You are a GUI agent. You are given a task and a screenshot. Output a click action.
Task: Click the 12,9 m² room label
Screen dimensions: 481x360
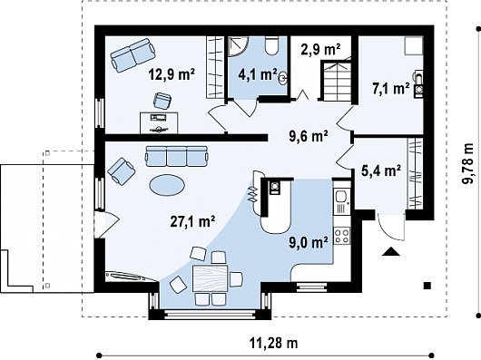[172, 73]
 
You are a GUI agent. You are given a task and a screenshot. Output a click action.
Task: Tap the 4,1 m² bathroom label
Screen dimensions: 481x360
[258, 74]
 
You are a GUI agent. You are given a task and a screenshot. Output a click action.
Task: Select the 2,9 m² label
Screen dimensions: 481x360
[320, 49]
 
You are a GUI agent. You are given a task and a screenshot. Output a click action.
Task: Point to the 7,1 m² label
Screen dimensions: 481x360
[391, 89]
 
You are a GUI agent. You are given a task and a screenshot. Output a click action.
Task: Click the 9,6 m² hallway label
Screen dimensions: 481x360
[309, 136]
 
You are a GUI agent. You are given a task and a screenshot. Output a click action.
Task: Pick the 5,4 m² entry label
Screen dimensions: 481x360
[381, 170]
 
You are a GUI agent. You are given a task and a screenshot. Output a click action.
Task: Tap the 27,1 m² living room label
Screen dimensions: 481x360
[192, 221]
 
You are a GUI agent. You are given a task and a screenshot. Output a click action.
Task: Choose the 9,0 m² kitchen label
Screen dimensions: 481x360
[308, 242]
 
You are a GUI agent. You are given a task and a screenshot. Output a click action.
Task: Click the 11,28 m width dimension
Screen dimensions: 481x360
[273, 343]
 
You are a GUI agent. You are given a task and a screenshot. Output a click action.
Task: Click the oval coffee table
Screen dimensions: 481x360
[167, 185]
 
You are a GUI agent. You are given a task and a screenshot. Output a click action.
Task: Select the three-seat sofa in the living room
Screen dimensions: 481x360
[177, 156]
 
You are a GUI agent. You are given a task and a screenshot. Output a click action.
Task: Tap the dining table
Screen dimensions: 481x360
[211, 278]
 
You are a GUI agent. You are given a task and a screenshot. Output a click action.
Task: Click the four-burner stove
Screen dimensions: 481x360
[342, 235]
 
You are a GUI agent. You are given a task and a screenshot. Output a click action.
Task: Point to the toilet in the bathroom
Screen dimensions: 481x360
[271, 46]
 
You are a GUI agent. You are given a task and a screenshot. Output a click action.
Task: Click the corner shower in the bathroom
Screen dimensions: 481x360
[238, 46]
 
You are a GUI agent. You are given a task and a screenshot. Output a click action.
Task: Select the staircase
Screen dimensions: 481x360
[336, 81]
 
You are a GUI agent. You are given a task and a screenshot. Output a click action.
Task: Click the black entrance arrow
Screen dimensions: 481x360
[391, 251]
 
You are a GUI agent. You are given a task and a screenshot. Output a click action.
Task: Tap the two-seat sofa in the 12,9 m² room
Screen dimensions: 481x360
[133, 55]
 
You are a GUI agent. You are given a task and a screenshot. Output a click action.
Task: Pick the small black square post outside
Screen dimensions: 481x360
[427, 286]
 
